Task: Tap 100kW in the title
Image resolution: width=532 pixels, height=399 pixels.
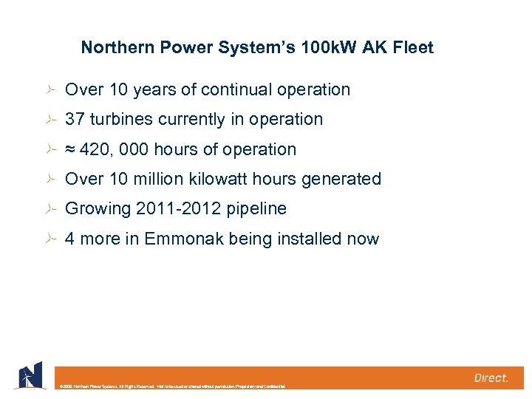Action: click(x=313, y=48)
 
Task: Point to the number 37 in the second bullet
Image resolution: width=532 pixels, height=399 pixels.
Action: click(x=75, y=120)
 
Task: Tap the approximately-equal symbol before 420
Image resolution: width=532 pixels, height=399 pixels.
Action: click(x=70, y=150)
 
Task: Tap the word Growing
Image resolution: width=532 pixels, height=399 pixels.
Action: click(x=98, y=209)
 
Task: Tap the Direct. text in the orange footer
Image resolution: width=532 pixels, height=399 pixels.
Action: click(x=491, y=378)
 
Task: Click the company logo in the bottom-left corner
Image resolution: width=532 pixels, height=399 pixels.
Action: click(x=28, y=376)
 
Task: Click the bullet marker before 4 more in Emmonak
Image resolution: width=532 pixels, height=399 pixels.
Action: click(x=50, y=239)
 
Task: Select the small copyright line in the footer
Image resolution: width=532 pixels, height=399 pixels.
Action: click(x=171, y=386)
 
